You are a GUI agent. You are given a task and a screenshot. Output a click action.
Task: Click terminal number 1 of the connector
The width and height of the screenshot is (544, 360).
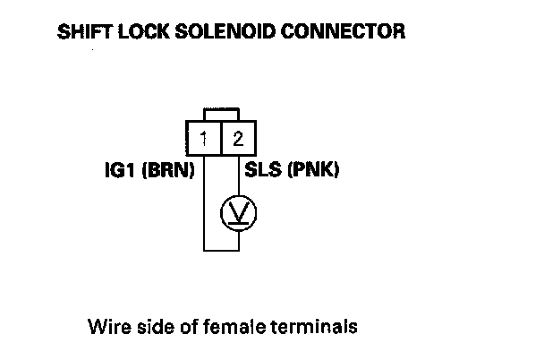[x=205, y=139]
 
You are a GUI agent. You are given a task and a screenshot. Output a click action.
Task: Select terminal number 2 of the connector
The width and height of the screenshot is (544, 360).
[x=237, y=139]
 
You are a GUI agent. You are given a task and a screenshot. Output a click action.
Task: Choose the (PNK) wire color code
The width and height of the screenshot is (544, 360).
[x=316, y=170]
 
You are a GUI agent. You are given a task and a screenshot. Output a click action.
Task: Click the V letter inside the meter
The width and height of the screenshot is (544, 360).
[x=238, y=212]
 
